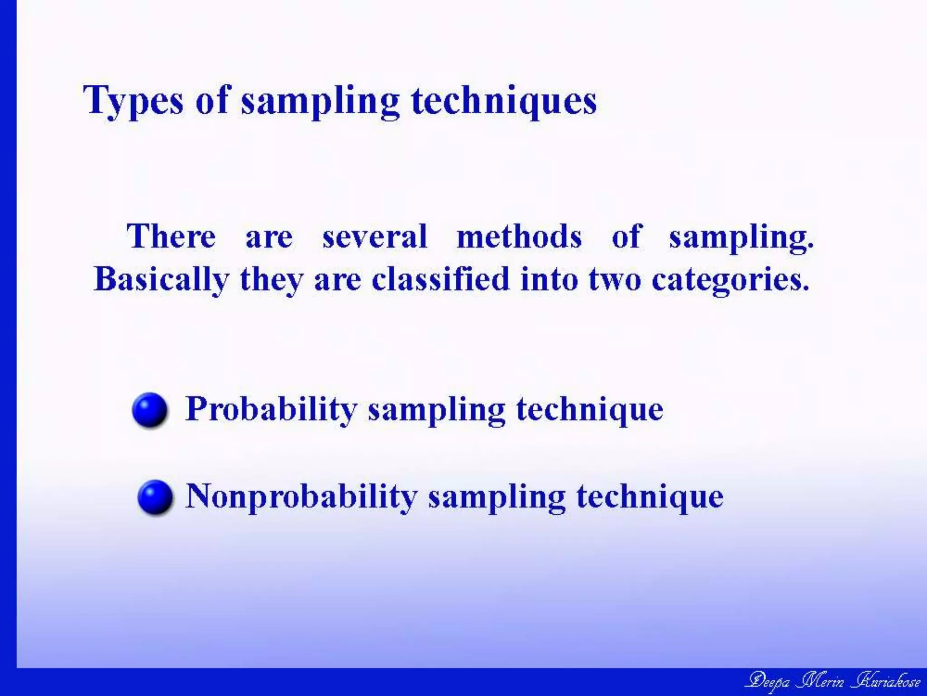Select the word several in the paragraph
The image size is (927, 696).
coord(375,237)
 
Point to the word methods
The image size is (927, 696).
coord(519,237)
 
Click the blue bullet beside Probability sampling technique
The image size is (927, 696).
coord(150,410)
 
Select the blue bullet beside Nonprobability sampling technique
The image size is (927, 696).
coord(155,497)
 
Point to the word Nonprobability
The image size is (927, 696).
coord(301,497)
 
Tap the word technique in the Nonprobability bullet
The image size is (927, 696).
coord(650,497)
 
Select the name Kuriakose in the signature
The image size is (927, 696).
coord(886,681)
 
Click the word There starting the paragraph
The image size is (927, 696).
coord(171,237)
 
